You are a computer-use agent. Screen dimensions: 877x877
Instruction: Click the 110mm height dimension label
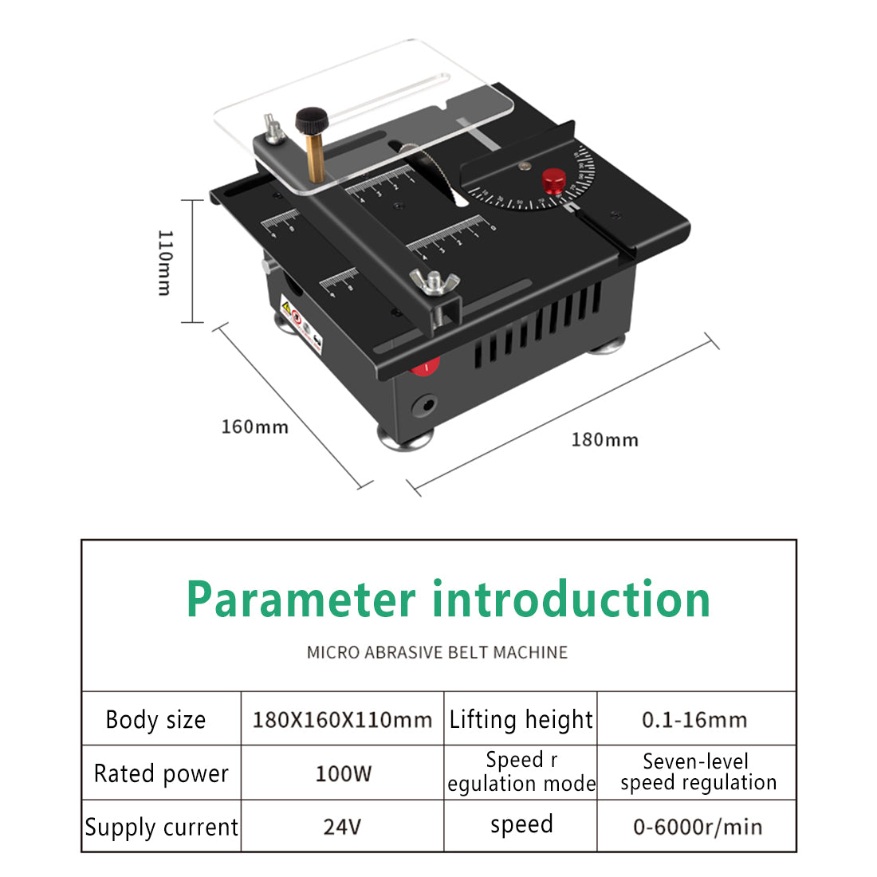(164, 262)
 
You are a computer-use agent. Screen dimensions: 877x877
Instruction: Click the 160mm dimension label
(254, 427)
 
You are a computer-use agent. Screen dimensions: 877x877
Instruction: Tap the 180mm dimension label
(604, 439)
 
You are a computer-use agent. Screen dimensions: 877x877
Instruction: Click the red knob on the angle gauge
(554, 181)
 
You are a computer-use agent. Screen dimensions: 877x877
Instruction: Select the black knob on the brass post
(312, 121)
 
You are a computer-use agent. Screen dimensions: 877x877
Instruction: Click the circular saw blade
(435, 171)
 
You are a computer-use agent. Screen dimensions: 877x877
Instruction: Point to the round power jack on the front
(423, 404)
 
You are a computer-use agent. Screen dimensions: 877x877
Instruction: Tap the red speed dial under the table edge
(427, 367)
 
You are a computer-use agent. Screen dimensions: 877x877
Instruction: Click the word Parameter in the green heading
(301, 600)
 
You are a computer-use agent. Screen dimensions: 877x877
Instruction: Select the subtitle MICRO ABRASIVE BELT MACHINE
(437, 652)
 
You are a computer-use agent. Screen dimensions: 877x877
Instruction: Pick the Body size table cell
(156, 719)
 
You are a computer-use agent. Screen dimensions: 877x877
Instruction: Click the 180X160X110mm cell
(342, 719)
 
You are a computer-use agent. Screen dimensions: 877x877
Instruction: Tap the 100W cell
(343, 773)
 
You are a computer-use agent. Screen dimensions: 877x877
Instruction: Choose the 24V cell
(342, 827)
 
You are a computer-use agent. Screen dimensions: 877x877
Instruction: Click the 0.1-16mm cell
(694, 719)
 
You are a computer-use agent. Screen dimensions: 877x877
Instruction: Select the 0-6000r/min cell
(697, 827)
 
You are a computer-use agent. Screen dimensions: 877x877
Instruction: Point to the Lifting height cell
(521, 719)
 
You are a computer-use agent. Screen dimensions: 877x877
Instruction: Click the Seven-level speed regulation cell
(698, 772)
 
